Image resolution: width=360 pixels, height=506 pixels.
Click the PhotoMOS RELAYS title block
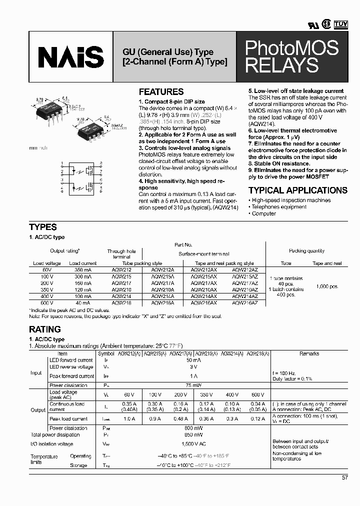coord(291,56)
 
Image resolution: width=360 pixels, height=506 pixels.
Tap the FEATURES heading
coord(161,92)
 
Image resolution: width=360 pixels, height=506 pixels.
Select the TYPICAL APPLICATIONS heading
coord(297,190)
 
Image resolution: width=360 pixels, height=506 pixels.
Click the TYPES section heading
coord(43,227)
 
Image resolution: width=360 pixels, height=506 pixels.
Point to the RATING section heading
coord(45,329)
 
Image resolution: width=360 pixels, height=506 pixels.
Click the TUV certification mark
coord(341,23)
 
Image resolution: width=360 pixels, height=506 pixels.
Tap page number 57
coord(344,477)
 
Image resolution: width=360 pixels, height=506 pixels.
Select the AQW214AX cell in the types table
coord(204,296)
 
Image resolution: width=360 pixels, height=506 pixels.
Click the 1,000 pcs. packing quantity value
coord(327,286)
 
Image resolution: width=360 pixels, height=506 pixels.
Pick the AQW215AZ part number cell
coord(245,276)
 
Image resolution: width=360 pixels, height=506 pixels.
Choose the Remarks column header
coord(309,353)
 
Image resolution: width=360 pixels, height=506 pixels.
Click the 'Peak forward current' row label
coord(71,376)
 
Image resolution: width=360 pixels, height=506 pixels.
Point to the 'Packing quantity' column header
coord(306,251)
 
